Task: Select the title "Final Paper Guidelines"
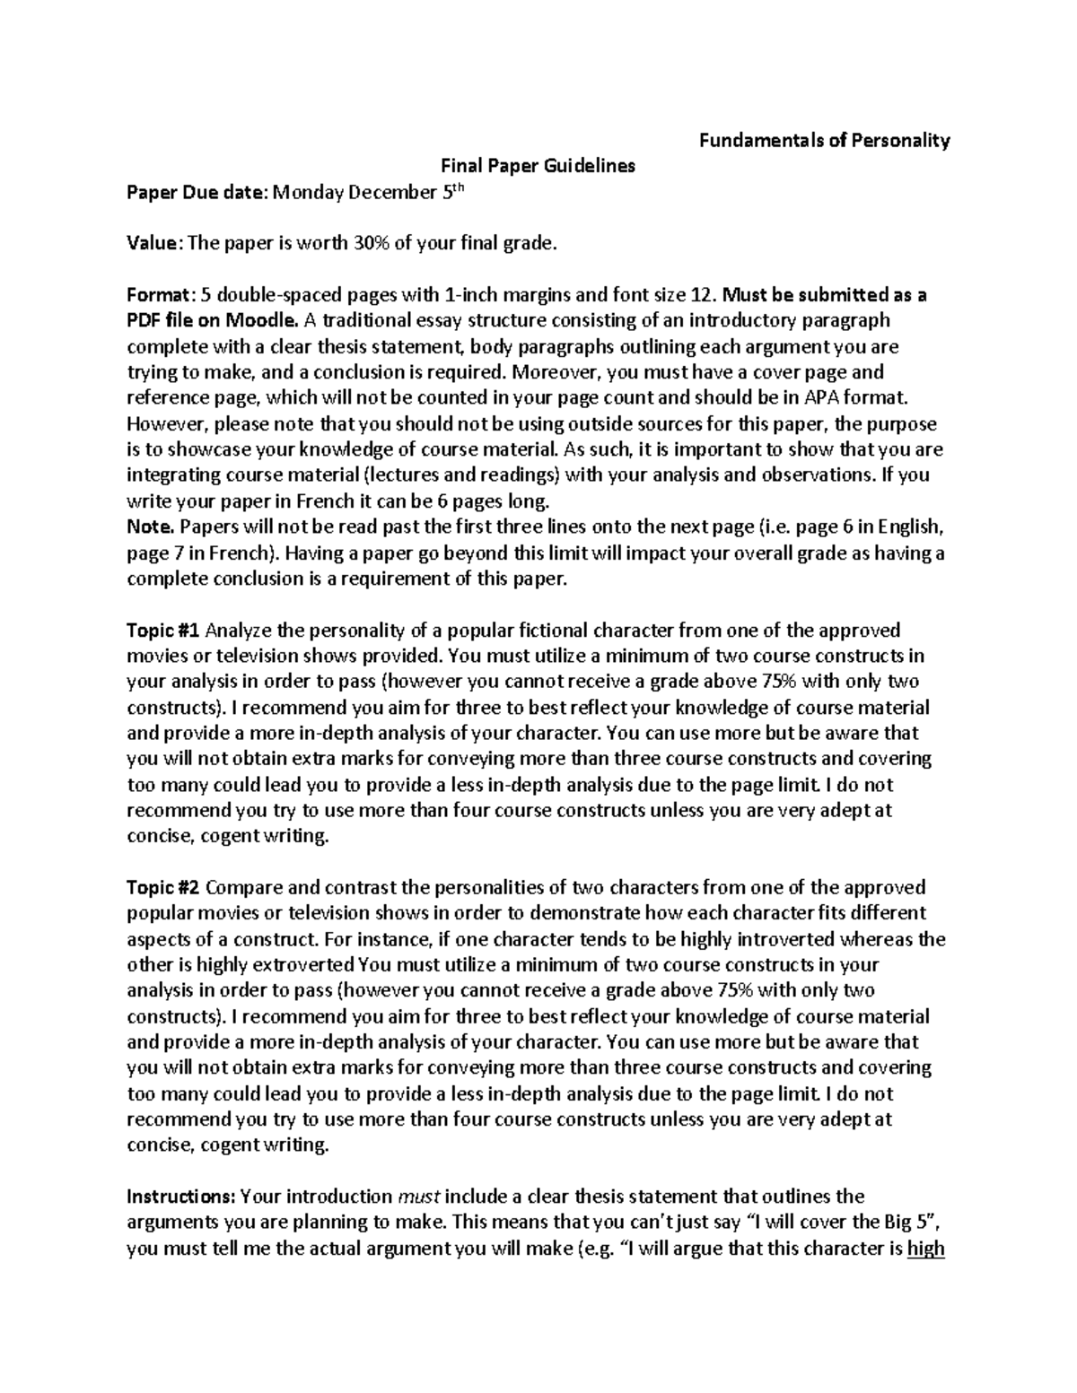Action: pos(537,166)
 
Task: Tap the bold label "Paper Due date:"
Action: pos(197,192)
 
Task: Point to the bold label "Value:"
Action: pos(155,243)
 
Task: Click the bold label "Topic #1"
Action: pos(162,630)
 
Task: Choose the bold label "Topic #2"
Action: pos(163,887)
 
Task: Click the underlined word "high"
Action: pos(926,1249)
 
